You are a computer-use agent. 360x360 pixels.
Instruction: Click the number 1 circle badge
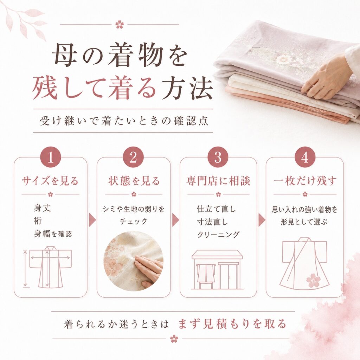51,157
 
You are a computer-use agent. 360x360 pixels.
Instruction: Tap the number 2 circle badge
133,157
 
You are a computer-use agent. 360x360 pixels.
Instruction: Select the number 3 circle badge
218,157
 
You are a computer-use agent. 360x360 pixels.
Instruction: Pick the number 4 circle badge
305,157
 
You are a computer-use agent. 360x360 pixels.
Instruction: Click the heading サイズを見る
50,181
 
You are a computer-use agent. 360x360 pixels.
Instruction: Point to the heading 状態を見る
134,181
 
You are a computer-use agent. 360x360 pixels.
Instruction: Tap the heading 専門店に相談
218,181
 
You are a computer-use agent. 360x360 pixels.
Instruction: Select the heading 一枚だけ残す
305,181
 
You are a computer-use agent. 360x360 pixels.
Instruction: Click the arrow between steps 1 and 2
92,220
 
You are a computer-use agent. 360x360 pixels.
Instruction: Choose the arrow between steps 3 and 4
262,220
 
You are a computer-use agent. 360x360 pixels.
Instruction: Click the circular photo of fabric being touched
134,261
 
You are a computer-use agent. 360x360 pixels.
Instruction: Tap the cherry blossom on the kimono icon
313,280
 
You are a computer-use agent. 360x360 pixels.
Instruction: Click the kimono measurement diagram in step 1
48,267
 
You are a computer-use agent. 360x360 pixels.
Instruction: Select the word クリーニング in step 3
218,234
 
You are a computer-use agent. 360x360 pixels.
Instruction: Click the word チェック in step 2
134,221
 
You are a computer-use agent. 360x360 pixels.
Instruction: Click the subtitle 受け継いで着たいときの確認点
124,121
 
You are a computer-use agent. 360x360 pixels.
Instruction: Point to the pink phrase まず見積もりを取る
232,324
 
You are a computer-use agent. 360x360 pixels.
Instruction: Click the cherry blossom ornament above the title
120,24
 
